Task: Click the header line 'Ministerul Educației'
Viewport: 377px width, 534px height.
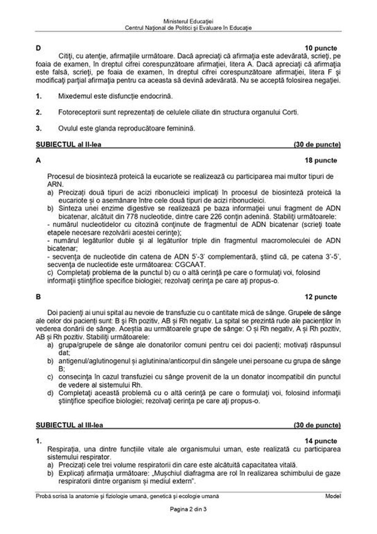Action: click(x=188, y=22)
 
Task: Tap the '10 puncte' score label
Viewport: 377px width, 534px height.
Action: click(x=321, y=49)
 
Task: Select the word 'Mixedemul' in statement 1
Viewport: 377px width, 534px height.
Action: click(x=73, y=97)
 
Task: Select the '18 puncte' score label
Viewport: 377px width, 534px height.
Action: click(x=321, y=160)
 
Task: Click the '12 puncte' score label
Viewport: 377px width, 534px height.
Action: click(x=321, y=297)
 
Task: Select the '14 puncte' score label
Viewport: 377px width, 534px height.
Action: click(x=321, y=441)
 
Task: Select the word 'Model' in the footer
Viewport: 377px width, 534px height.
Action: click(x=333, y=497)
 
